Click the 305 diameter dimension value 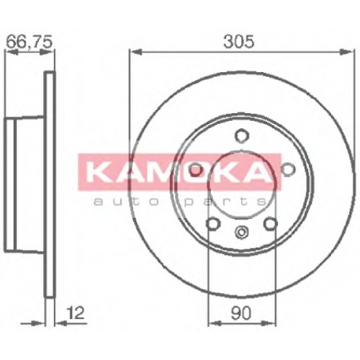click(x=238, y=42)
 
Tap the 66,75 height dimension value click(x=29, y=41)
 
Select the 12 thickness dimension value click(x=76, y=313)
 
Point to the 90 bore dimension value click(x=241, y=313)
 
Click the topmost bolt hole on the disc click(x=240, y=135)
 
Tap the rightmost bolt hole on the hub click(x=288, y=169)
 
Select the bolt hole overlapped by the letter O click(x=195, y=170)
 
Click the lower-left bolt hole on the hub click(x=213, y=223)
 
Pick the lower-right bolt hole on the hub click(x=271, y=223)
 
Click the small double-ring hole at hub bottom click(x=241, y=232)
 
